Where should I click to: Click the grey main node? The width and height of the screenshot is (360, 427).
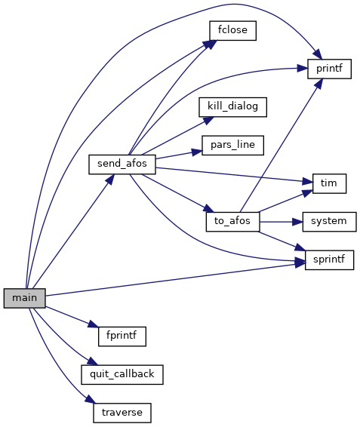24,298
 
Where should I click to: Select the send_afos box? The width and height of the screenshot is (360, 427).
122,164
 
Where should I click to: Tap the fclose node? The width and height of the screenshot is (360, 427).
232,30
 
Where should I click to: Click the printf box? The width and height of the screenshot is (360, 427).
330,69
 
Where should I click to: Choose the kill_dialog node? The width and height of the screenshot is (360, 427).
232,107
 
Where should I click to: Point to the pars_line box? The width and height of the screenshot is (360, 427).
232,145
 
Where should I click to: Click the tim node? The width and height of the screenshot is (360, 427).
330,183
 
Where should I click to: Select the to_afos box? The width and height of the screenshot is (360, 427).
232,222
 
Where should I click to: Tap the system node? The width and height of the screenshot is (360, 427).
330,222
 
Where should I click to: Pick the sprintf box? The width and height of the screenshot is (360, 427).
330,260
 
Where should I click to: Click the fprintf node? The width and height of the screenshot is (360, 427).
122,336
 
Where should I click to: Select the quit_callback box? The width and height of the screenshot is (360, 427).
122,375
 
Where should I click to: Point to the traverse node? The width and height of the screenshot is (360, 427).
122,413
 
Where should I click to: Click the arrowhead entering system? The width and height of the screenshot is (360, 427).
297,222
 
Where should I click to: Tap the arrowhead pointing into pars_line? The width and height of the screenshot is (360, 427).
197,152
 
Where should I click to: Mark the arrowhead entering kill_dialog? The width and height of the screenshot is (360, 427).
208,120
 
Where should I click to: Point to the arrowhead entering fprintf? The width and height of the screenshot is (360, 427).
93,324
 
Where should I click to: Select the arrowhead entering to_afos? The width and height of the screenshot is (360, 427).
209,209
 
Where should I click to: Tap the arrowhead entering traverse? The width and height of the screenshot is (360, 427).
90,399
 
